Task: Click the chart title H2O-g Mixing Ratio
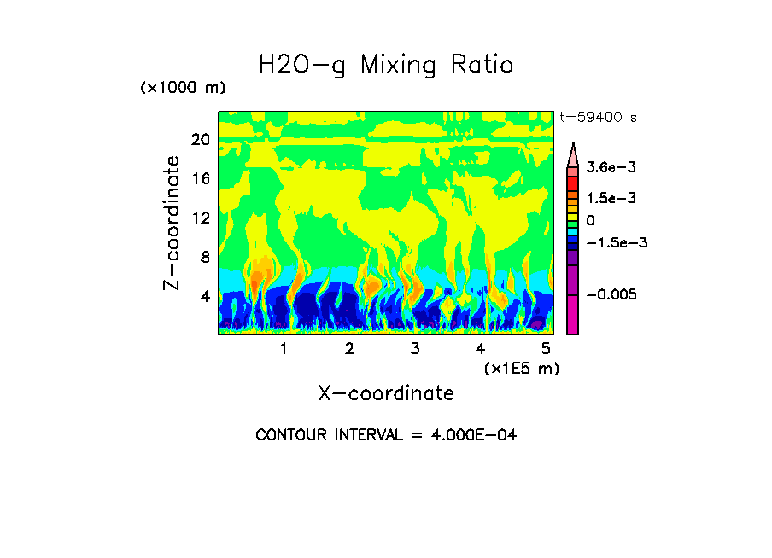click(x=386, y=65)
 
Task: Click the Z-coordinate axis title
click(x=173, y=223)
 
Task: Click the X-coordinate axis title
click(x=386, y=393)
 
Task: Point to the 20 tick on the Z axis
click(x=200, y=140)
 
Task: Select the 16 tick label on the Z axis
click(x=200, y=179)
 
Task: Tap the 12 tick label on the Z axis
click(x=200, y=218)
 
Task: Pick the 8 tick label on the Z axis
click(x=205, y=257)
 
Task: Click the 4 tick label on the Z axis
click(x=205, y=296)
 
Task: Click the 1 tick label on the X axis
click(x=284, y=349)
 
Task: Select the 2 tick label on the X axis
click(x=349, y=349)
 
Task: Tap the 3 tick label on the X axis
click(x=415, y=349)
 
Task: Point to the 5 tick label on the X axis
click(x=546, y=349)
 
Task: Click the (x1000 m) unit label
click(x=183, y=89)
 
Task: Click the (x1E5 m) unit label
click(x=521, y=368)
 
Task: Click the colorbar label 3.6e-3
click(x=606, y=169)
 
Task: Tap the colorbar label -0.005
click(x=611, y=294)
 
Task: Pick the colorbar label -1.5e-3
click(x=611, y=242)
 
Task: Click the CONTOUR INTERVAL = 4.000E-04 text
click(x=386, y=435)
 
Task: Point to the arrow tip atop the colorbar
click(x=573, y=144)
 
